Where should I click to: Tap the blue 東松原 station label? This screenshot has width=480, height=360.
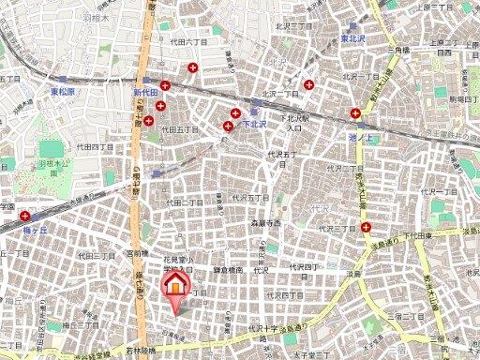click(x=68, y=92)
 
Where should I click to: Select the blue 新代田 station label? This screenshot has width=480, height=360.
click(x=149, y=93)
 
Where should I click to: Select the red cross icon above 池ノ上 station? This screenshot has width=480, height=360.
click(x=355, y=114)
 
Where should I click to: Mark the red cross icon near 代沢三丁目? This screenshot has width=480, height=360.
click(x=366, y=227)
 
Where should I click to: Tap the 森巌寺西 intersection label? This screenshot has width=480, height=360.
click(x=265, y=223)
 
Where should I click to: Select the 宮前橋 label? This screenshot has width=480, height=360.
click(x=138, y=253)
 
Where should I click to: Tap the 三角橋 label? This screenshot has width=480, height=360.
click(x=398, y=49)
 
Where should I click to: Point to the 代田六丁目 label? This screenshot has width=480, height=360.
click(x=187, y=42)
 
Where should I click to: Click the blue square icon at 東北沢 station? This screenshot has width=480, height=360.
click(x=352, y=27)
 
